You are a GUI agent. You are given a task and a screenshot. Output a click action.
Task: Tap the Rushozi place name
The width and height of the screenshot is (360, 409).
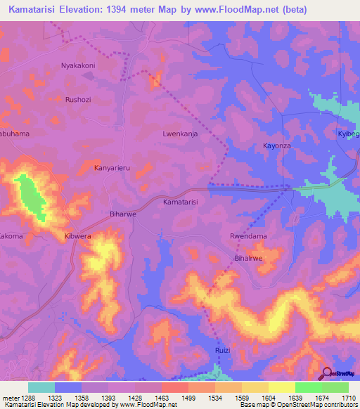(x=78, y=99)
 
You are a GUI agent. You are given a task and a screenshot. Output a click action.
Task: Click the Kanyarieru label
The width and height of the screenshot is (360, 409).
(x=112, y=168)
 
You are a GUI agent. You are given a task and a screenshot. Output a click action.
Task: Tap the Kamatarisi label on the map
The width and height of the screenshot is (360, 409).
(x=180, y=202)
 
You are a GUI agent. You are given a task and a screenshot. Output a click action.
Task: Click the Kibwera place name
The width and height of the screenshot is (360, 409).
(x=78, y=236)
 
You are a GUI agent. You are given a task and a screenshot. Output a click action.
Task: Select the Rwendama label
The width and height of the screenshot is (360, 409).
(x=248, y=236)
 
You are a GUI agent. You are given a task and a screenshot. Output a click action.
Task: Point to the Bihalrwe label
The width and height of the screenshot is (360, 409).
(x=247, y=259)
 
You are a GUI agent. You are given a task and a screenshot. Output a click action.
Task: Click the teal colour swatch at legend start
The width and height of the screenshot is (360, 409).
(x=41, y=387)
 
